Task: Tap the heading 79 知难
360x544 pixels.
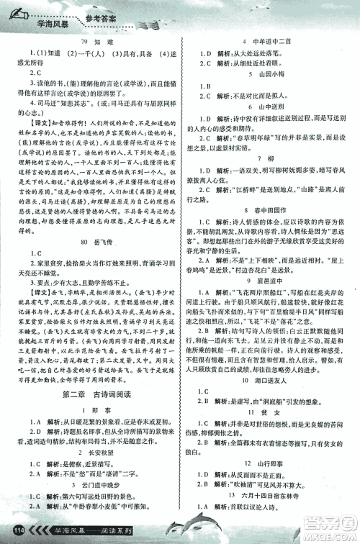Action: [96, 41]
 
